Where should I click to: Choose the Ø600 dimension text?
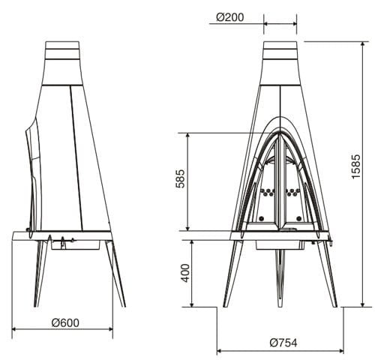click(65, 323)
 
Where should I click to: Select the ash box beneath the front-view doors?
click(281, 244)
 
